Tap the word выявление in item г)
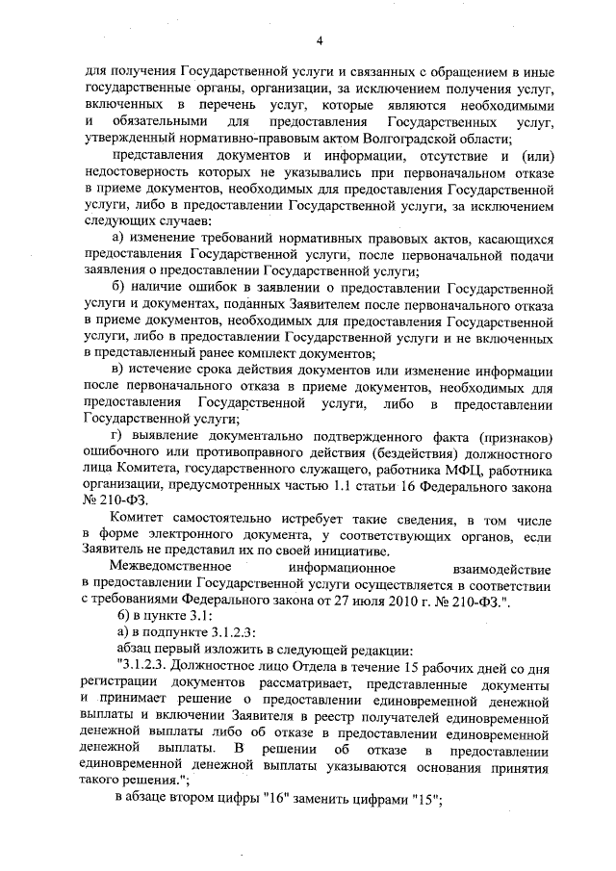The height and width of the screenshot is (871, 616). tap(178, 438)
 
